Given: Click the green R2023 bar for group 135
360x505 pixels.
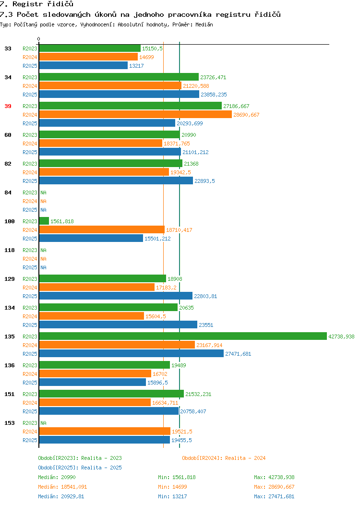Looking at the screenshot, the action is [183, 336].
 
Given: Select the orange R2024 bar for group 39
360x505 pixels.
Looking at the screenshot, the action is [135, 115].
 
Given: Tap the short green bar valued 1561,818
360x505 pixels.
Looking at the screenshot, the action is [44, 221].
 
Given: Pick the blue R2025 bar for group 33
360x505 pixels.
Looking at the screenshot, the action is [84, 65].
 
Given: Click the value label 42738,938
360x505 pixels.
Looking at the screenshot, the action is [341, 337].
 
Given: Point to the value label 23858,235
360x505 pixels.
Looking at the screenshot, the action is [214, 95].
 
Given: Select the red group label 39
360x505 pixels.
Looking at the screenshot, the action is [8, 106].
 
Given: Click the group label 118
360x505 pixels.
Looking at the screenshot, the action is [10, 250].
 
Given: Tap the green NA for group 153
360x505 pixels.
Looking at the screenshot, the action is [44, 423].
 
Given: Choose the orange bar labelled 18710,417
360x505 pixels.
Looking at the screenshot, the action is [102, 229].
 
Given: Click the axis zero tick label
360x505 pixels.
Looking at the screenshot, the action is [39, 39].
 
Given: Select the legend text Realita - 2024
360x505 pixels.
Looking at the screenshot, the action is [245, 458].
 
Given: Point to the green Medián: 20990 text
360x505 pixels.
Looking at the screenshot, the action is [57, 477].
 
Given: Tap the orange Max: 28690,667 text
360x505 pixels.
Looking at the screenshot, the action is [274, 487].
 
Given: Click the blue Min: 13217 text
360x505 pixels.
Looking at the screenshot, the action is [172, 497].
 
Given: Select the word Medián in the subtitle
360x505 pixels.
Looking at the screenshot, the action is [204, 24].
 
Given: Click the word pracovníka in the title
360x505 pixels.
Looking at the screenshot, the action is [190, 14].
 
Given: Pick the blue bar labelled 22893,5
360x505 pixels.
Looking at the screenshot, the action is [116, 180].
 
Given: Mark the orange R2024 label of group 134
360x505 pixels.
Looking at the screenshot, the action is [30, 316].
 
